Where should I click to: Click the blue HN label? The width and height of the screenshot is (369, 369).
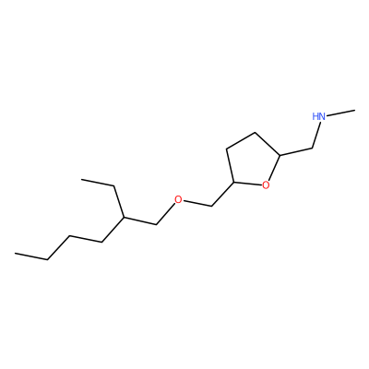click(319, 116)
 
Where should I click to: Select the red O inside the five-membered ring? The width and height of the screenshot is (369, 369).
click(266, 184)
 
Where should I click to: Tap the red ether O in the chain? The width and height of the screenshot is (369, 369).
click(178, 199)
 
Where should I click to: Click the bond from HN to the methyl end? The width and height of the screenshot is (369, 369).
click(340, 113)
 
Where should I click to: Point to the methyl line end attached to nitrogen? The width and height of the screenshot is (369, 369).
click(355, 110)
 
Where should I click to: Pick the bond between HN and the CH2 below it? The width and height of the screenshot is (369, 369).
click(316, 135)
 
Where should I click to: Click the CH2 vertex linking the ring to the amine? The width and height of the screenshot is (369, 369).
click(312, 149)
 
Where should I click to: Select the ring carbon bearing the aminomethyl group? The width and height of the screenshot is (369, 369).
click(280, 155)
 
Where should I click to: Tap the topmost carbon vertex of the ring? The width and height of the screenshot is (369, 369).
click(255, 133)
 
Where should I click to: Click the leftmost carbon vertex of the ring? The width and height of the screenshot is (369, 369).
click(226, 149)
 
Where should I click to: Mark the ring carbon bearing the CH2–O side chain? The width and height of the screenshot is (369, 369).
click(234, 182)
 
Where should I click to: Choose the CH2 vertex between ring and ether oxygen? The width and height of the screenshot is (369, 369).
click(211, 206)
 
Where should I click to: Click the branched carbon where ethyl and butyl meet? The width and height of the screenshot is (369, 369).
click(124, 218)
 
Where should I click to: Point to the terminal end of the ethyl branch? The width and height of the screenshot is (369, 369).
click(81, 179)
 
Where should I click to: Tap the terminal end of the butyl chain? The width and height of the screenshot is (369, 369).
click(15, 254)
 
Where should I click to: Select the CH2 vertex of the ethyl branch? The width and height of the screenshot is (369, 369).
click(114, 185)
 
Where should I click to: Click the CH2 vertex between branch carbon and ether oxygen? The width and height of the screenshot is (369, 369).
click(157, 224)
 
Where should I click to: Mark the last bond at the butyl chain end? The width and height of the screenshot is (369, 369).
click(31, 256)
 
